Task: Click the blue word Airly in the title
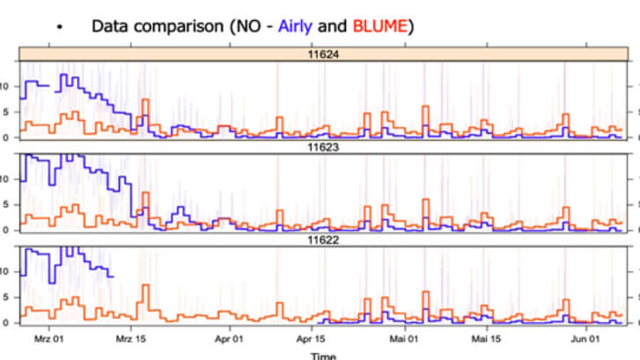(x=298, y=26)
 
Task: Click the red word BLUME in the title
(x=380, y=26)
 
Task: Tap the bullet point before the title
(x=59, y=28)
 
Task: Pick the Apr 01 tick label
(x=228, y=337)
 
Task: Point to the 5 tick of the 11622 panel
(x=8, y=298)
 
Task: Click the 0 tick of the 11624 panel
(x=8, y=136)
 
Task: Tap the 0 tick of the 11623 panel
(x=8, y=230)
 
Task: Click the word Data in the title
(x=110, y=26)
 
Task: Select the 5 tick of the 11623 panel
(x=8, y=204)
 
